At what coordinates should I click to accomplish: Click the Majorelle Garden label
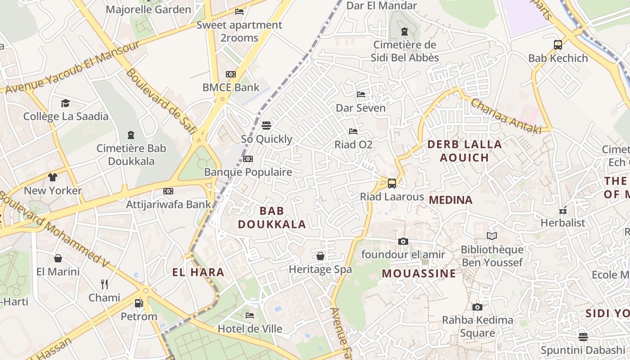(x=148, y=9)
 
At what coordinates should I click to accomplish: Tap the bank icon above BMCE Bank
(x=231, y=74)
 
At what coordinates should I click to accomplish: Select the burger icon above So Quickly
(x=266, y=125)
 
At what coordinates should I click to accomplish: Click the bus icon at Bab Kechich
(x=558, y=45)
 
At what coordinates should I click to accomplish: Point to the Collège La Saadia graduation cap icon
(x=66, y=103)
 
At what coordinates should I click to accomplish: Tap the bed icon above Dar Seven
(x=361, y=94)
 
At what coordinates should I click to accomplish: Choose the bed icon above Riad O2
(x=353, y=131)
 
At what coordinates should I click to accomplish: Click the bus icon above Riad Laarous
(x=392, y=184)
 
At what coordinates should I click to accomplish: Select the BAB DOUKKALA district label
(x=272, y=217)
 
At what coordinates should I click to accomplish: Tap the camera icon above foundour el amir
(x=403, y=242)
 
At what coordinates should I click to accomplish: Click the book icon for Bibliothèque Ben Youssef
(x=492, y=236)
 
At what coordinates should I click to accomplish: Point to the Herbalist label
(x=563, y=223)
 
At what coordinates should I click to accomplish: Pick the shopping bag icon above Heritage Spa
(x=320, y=256)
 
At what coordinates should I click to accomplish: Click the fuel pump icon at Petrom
(x=139, y=303)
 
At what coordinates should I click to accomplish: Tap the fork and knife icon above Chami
(x=104, y=284)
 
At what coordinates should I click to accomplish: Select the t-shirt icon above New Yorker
(x=53, y=177)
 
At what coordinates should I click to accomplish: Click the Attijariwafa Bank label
(x=168, y=204)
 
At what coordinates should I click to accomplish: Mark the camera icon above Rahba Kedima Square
(x=477, y=307)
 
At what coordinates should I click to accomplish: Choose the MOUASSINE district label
(x=419, y=274)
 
